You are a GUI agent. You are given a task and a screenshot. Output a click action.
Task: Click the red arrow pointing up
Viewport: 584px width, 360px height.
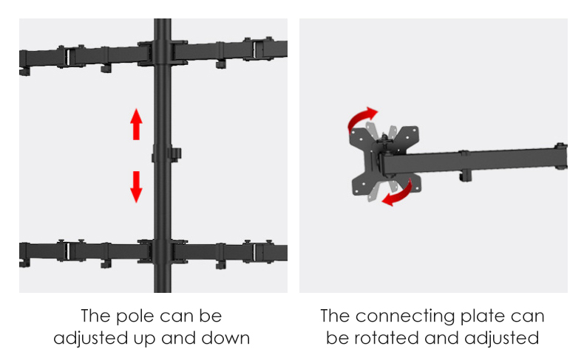coord(136,124)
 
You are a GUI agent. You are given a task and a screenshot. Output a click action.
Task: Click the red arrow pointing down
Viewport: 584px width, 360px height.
coord(136,187)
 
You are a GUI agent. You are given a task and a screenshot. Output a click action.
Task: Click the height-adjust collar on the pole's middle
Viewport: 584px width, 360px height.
coord(166,153)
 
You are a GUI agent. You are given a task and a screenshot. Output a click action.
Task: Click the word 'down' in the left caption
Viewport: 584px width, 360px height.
coord(225,338)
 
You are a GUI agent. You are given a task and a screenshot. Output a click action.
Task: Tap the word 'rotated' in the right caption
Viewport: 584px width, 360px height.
coord(386,338)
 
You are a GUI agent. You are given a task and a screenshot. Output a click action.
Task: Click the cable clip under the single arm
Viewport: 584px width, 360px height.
coord(465,175)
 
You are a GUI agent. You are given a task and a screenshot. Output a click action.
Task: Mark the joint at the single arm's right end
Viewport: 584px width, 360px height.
coord(560,156)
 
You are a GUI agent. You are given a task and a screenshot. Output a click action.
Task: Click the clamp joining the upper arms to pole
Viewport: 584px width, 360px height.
coord(163,53)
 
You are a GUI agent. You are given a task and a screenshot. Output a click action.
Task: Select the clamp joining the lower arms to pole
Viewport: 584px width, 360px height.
coord(163,251)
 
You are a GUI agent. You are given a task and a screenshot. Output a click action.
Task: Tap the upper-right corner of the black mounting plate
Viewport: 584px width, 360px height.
coord(416,128)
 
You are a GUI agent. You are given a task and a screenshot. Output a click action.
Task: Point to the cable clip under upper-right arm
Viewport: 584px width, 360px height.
coord(221,63)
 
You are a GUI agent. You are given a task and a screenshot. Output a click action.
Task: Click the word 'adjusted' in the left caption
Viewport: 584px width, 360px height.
coord(90,339)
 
